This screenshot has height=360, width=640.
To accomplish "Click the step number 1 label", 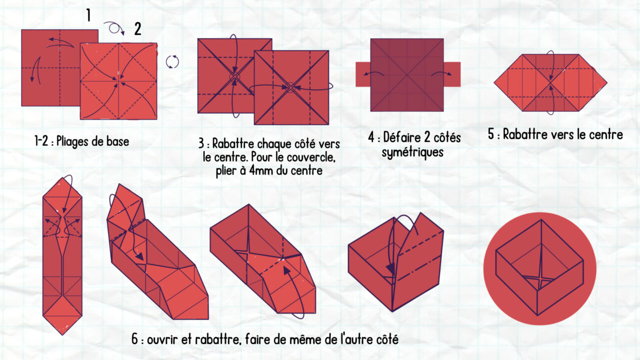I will pyautogui.click(x=88, y=15).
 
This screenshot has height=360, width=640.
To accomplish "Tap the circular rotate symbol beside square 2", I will pyautogui.click(x=172, y=61).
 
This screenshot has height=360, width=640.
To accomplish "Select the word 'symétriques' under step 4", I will pyautogui.click(x=412, y=152).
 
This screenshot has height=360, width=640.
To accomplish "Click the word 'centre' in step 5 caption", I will pyautogui.click(x=605, y=134).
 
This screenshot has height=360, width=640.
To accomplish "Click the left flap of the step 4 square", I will pyautogui.click(x=362, y=74).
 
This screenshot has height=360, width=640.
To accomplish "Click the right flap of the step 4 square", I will pyautogui.click(x=452, y=74).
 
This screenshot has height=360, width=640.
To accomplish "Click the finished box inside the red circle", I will pyautogui.click(x=539, y=267).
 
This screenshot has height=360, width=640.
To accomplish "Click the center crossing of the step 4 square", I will pyautogui.click(x=407, y=75).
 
